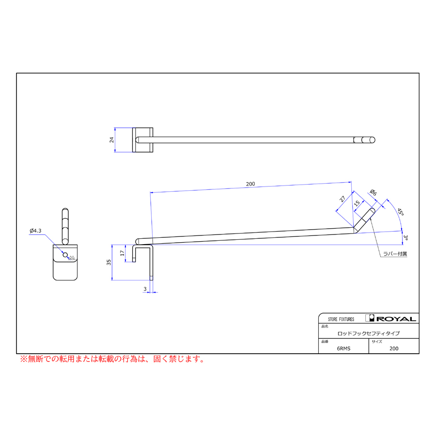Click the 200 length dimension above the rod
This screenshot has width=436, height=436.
tap(250, 184)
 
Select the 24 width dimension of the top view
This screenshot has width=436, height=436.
tap(111, 140)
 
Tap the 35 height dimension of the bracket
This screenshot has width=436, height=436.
tap(109, 262)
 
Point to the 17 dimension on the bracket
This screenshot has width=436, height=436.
tap(122, 253)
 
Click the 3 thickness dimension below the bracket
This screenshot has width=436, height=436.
tap(145, 289)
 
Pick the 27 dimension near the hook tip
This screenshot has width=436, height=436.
tap(343, 199)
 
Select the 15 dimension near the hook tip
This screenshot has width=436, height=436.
tap(357, 203)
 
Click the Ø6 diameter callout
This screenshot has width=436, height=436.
tap(374, 192)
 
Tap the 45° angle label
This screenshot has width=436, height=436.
tap(400, 212)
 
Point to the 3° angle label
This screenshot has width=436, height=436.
tap(405, 238)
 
